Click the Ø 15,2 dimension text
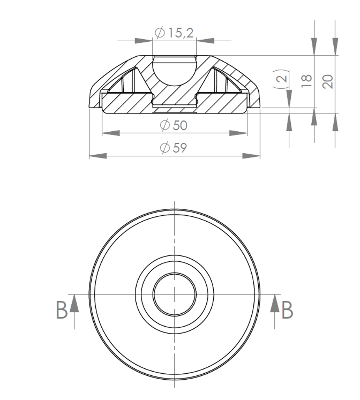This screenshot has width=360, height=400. (174, 32)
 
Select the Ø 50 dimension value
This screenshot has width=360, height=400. (174, 125)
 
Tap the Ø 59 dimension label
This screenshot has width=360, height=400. (173, 147)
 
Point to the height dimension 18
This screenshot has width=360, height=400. (307, 81)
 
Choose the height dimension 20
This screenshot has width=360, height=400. (328, 82)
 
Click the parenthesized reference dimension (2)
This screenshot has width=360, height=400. (281, 79)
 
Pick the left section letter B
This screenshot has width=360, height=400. (62, 310)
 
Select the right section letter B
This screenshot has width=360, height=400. (287, 310)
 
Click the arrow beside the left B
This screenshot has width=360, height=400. (74, 312)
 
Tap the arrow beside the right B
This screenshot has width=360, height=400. (275, 312)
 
